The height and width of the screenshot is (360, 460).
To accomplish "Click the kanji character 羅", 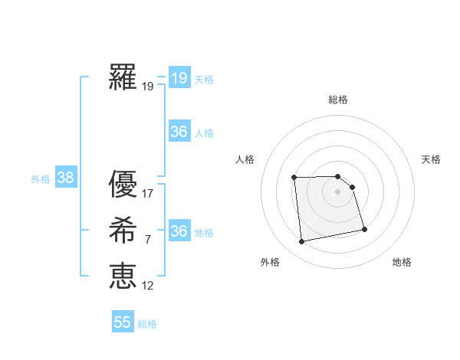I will [123, 77].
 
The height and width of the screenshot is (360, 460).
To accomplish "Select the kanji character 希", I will [123, 231].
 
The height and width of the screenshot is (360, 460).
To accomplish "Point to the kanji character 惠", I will [123, 276].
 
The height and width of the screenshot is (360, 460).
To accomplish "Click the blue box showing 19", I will [179, 77].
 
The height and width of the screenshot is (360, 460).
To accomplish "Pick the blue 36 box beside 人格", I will [179, 132].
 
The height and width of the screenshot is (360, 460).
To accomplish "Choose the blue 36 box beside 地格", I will [179, 231].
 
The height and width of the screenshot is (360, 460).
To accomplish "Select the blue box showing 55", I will [123, 322].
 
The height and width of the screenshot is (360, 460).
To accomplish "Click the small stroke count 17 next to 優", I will [149, 194].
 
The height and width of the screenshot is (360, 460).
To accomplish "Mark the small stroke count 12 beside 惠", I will [149, 286].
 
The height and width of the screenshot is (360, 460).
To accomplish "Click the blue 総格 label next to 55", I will [147, 324].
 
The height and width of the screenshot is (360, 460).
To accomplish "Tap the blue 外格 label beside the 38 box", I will [41, 179].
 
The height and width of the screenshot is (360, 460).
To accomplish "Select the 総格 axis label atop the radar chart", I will [338, 100].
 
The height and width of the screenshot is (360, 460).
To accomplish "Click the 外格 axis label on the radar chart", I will [270, 262].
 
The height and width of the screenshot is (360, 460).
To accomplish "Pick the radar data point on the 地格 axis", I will [364, 228].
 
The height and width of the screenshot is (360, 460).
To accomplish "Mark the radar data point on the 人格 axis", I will [294, 178].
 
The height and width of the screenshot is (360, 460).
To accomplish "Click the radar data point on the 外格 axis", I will [302, 241].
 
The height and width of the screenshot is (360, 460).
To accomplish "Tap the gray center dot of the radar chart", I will [338, 191].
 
